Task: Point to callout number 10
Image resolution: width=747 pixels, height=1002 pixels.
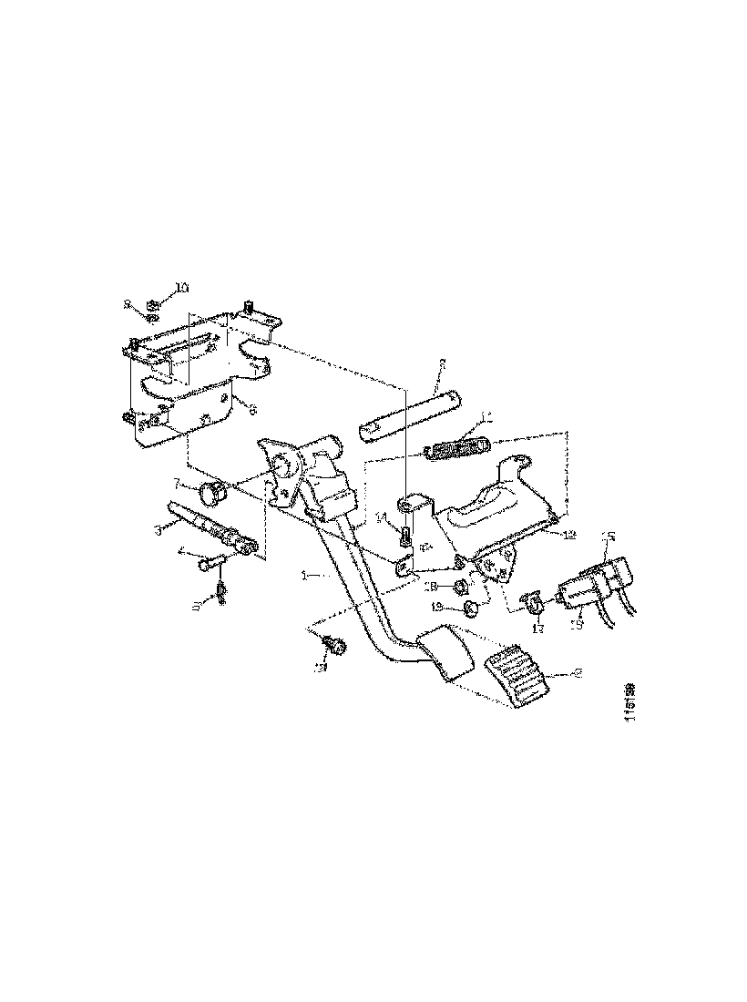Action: click(181, 287)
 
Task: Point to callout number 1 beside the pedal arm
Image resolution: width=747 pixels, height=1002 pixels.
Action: click(307, 576)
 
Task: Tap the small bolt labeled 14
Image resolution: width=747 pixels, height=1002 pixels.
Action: click(406, 536)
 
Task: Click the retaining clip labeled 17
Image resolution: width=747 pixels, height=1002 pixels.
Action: click(533, 602)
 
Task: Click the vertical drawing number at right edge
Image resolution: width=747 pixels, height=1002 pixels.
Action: click(629, 700)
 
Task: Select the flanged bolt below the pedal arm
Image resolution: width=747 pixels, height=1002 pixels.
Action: click(334, 646)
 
